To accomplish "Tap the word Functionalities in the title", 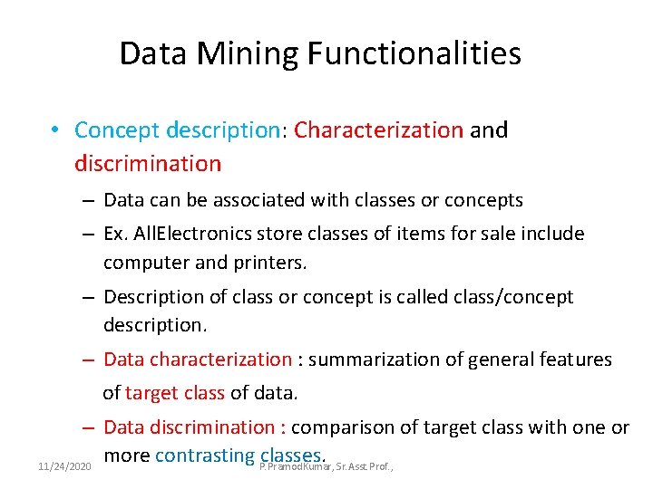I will [414, 54].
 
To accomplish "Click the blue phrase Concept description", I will [179, 130].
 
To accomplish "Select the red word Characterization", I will [378, 130].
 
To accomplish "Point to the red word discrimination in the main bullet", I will [148, 164].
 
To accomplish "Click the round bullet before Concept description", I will [56, 130].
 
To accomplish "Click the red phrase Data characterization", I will [198, 360].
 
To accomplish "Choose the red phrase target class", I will [175, 394].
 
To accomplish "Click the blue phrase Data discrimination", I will [195, 427].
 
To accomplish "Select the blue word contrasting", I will [204, 455].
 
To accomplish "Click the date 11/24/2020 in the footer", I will [64, 466].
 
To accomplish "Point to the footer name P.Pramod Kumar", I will [295, 466].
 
